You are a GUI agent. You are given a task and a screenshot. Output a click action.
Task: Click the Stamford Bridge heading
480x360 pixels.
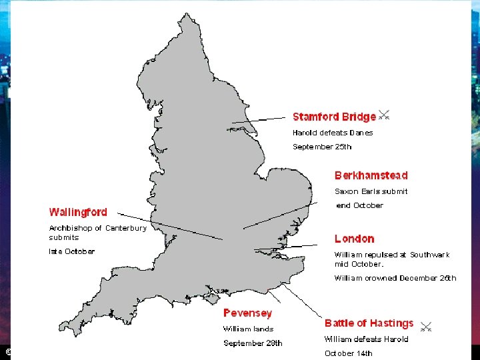tap(334, 117)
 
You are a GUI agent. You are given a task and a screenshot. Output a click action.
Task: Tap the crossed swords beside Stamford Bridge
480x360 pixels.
tap(384, 115)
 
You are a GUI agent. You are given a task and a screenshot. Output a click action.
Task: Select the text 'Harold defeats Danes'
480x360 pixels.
tap(333, 133)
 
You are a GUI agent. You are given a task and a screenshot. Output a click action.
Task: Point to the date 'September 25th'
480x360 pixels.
tap(322, 147)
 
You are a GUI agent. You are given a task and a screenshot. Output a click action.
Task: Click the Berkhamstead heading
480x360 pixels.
tap(371, 175)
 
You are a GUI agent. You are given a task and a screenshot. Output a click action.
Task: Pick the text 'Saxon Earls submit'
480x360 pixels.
tap(371, 191)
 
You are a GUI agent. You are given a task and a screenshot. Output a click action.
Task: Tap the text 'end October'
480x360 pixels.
tap(359, 205)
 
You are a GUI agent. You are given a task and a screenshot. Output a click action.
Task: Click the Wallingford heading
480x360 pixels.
tap(78, 212)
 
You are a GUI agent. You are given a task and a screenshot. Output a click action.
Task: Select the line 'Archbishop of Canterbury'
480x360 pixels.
tap(97, 228)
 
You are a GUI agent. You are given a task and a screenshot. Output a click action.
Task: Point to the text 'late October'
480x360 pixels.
tap(71, 251)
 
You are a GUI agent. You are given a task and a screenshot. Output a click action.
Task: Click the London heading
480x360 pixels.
tap(354, 239)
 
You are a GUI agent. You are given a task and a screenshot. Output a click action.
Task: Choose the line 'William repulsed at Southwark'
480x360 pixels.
tap(392, 255)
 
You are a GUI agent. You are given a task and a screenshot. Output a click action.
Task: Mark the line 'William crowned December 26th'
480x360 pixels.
tap(395, 278)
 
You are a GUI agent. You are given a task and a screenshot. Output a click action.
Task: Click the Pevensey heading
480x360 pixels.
tap(247, 313)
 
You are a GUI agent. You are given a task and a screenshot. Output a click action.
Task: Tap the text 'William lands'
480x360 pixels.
tap(248, 329)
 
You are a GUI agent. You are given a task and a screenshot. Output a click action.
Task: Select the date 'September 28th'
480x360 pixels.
tap(253, 343)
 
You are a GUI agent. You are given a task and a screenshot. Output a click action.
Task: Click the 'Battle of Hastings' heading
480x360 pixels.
tap(369, 323)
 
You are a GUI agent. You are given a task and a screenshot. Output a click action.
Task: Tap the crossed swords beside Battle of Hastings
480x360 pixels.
tap(427, 327)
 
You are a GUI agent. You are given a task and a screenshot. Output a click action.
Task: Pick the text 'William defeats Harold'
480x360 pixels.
tap(366, 339)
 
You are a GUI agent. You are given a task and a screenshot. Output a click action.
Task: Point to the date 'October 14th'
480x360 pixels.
tap(349, 353)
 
